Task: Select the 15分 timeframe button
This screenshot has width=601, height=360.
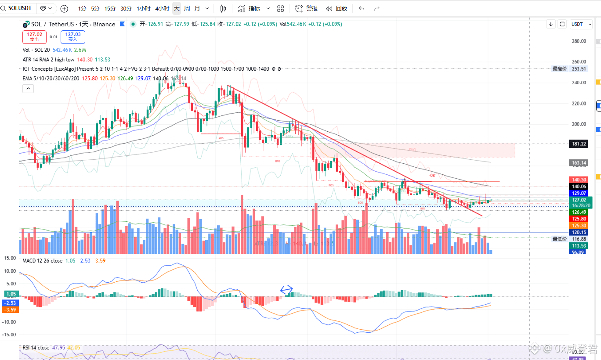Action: [x=110, y=8]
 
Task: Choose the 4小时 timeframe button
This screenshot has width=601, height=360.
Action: [x=162, y=8]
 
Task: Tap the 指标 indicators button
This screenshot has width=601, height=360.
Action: [x=249, y=8]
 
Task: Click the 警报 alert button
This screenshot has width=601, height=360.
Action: [x=307, y=8]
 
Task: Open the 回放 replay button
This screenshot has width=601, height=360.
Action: [x=337, y=8]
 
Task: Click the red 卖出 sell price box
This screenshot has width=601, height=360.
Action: [x=34, y=36]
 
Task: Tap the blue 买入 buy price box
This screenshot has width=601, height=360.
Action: [x=72, y=36]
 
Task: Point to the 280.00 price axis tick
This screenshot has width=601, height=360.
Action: [x=579, y=41]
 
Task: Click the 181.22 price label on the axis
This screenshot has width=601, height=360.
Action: [x=579, y=144]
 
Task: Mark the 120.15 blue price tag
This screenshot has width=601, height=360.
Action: [x=579, y=232]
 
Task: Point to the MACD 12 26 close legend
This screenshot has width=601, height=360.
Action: [x=43, y=261]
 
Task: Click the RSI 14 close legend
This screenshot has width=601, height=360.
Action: [x=36, y=348]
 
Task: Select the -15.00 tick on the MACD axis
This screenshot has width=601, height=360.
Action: [x=10, y=335]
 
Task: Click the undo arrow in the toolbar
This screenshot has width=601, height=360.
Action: [x=362, y=8]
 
